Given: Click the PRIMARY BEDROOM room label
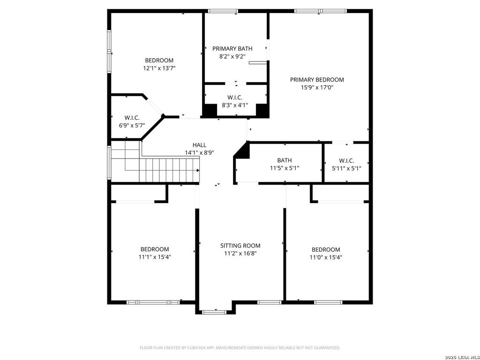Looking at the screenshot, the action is (317, 80).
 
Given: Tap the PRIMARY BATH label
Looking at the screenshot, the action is (232, 48).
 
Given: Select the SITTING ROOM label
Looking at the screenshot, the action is (240, 246).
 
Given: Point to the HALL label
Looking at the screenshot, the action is (199, 145).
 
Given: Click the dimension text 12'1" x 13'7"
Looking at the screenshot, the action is (159, 68).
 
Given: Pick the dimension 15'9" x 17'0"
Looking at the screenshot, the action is (317, 88).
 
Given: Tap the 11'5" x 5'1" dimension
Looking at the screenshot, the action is (285, 168).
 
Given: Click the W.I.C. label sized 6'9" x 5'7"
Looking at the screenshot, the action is (132, 118).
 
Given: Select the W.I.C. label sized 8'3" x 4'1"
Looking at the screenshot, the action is (235, 97).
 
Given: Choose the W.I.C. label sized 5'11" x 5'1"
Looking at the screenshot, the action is (346, 160).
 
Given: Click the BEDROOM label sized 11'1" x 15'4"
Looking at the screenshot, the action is (155, 249).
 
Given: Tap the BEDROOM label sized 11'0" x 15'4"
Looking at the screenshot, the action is (326, 249).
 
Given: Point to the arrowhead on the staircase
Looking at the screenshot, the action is (198, 170).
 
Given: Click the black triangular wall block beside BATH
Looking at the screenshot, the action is (243, 150).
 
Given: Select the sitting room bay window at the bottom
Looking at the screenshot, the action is (214, 312).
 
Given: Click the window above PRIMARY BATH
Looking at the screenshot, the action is (223, 11).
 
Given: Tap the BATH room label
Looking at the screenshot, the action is (285, 160).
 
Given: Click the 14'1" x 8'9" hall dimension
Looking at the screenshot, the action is (199, 153).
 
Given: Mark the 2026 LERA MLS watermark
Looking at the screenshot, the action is (462, 357).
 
